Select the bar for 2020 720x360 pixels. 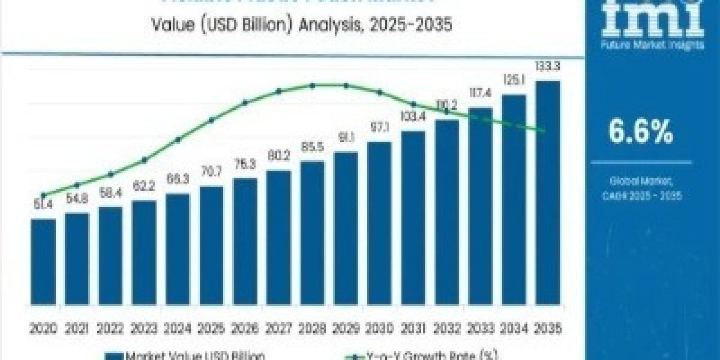pyautogui.click(x=43, y=270)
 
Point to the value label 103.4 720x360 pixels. pyautogui.click(x=413, y=116)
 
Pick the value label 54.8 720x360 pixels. pyautogui.click(x=77, y=198)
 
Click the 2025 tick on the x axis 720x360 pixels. pyautogui.click(x=211, y=329)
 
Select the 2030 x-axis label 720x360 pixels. pyautogui.click(x=379, y=329)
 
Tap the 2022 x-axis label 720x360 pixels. pyautogui.click(x=110, y=329)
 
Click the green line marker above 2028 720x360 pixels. pyautogui.click(x=313, y=85)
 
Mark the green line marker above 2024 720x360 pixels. pyautogui.click(x=178, y=140)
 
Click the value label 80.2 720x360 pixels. pyautogui.click(x=279, y=155)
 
